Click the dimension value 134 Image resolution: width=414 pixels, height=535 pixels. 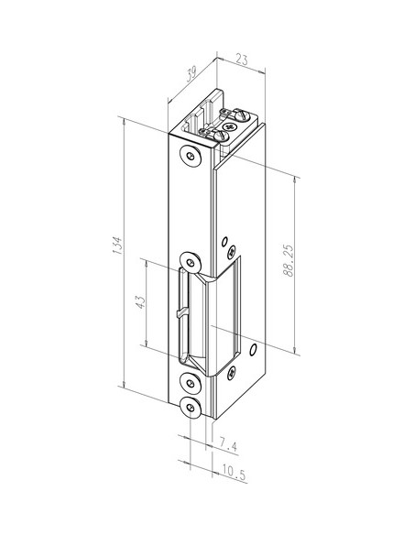click(116, 245)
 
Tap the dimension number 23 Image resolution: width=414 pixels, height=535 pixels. click(242, 60)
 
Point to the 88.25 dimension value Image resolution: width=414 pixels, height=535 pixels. click(289, 260)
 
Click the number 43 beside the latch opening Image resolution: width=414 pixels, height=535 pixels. click(140, 302)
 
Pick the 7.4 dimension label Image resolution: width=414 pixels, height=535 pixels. click(228, 446)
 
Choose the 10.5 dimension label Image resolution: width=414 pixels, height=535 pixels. click(234, 471)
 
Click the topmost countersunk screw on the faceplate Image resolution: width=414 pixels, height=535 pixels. click(191, 156)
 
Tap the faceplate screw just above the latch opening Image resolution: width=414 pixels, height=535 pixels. click(191, 263)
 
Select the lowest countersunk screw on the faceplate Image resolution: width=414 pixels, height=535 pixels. click(191, 408)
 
